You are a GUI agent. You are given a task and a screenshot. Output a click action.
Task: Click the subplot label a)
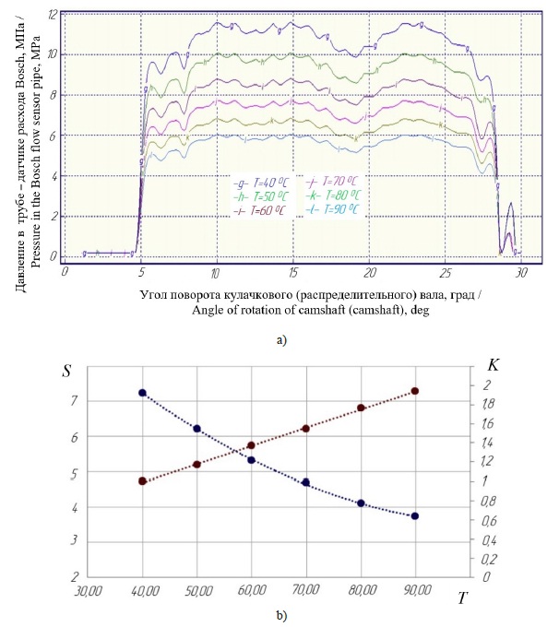[x=281, y=339]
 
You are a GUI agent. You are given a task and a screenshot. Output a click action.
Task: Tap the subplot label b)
[x=281, y=615]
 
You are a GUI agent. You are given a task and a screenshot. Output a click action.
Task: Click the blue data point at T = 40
[x=142, y=393]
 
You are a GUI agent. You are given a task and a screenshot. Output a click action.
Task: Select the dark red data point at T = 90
[x=415, y=391]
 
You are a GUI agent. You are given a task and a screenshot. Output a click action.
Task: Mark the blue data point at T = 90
[x=415, y=516]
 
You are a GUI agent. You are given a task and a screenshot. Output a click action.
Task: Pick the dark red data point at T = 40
[x=142, y=481]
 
